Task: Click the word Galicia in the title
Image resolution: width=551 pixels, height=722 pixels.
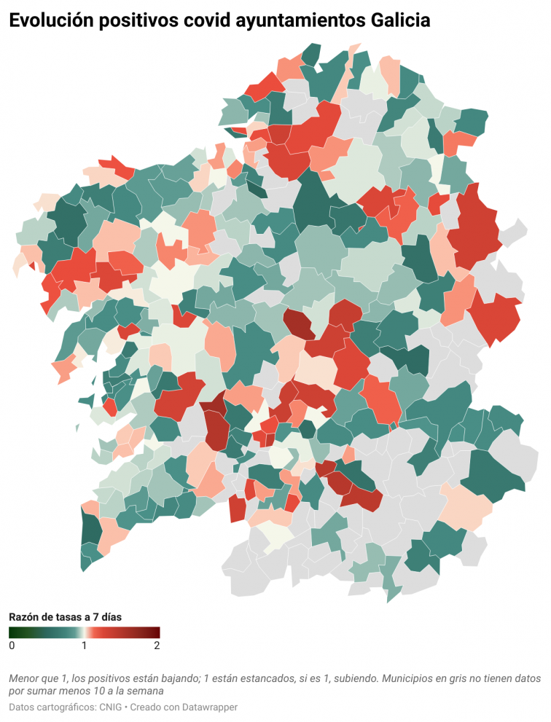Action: (x=397, y=22)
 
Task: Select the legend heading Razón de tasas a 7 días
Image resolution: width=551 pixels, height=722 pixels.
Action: (x=65, y=616)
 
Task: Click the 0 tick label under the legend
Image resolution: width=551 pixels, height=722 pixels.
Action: (x=12, y=646)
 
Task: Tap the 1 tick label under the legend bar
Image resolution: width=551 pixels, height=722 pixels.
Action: (x=85, y=646)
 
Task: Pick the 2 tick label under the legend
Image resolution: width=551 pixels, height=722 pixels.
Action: (x=157, y=646)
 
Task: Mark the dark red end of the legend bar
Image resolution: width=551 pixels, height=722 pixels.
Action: (x=156, y=632)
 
